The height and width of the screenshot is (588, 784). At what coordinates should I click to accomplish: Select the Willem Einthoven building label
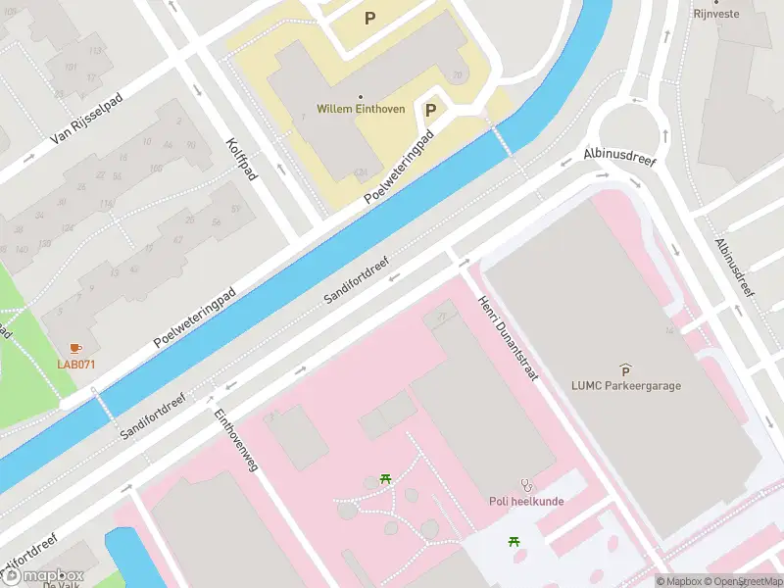[361, 109]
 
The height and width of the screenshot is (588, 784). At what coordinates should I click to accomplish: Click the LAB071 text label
[75, 365]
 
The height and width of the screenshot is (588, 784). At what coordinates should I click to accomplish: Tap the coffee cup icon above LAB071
[75, 349]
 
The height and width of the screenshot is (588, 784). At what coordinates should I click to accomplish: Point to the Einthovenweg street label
[235, 441]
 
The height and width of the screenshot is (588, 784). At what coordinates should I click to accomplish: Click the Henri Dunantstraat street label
[509, 338]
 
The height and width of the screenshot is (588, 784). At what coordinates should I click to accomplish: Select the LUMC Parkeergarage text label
[626, 385]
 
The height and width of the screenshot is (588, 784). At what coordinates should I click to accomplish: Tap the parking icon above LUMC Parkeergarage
[626, 369]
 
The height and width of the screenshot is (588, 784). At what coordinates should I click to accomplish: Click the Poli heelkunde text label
[528, 501]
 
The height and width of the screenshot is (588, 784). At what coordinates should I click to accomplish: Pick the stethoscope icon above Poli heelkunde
[528, 484]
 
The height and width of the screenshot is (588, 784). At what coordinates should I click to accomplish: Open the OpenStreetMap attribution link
[743, 581]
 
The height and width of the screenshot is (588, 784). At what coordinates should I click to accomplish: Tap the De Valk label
[61, 584]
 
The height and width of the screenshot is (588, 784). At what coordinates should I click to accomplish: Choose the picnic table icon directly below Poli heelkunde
[514, 541]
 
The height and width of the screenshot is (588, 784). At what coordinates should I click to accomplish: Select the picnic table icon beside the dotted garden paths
[385, 479]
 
